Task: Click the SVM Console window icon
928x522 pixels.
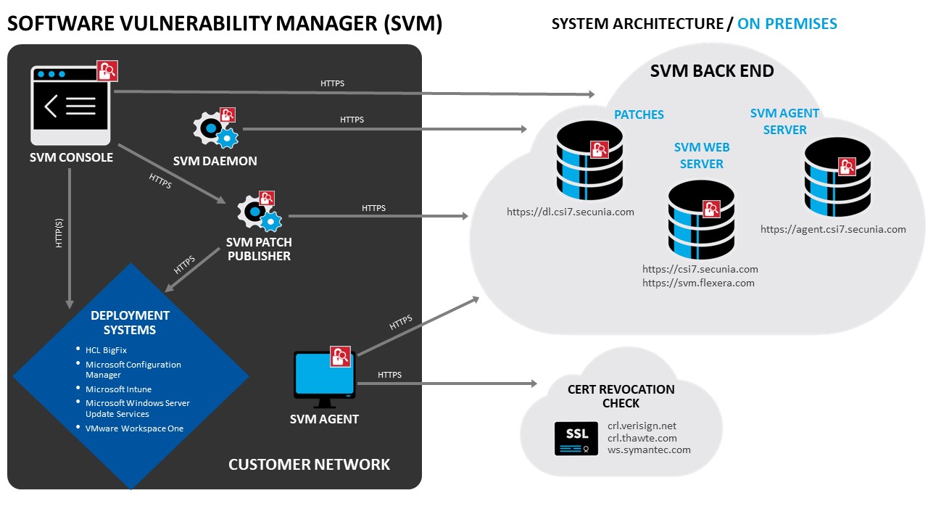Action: pos(70,105)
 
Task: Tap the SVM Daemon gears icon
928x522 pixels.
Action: pos(215,128)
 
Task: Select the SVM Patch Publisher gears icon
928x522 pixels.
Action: pos(260,211)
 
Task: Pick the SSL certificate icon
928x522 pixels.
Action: pos(576,439)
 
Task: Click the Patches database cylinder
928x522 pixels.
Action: pos(589,161)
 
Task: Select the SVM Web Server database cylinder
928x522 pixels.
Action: pos(701,220)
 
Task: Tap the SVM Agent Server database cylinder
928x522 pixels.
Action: pos(837,178)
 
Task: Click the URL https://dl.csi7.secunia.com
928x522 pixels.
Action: pos(570,212)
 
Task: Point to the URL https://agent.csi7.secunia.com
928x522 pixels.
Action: pos(833,230)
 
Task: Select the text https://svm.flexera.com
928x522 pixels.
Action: pos(698,283)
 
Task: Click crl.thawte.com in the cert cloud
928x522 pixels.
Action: pos(642,438)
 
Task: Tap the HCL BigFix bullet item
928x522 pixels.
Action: pos(106,350)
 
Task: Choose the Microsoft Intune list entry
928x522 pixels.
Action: pos(118,389)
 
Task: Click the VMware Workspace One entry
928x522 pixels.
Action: pos(134,428)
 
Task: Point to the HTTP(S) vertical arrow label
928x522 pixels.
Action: pos(59,233)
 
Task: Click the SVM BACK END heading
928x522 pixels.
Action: pos(712,71)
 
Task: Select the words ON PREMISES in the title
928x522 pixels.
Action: pos(787,24)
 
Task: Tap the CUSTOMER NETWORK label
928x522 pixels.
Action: pos(309,465)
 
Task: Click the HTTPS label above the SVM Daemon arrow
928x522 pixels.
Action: pos(352,120)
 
